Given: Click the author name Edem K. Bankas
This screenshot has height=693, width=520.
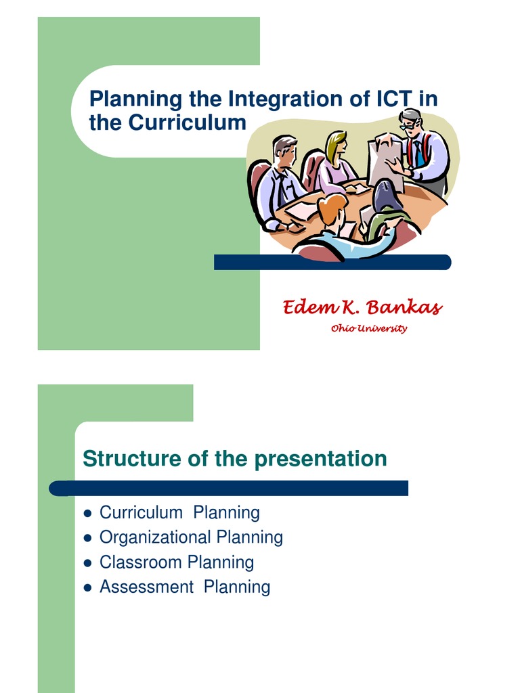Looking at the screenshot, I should tap(362, 308).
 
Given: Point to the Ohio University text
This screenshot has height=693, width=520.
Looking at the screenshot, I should tap(369, 329).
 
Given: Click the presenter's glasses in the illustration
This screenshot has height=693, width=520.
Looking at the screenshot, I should tap(409, 126).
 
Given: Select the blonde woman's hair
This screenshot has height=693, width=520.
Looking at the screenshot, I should tap(334, 146).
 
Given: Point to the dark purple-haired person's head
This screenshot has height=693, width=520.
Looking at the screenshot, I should tap(387, 196).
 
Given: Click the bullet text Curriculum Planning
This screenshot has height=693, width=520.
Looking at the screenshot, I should tap(179, 512).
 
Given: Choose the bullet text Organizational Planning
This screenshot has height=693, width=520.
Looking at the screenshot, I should tap(191, 537).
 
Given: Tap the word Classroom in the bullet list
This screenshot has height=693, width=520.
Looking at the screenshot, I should tap(141, 562).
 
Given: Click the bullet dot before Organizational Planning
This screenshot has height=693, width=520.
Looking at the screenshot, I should tap(87, 538).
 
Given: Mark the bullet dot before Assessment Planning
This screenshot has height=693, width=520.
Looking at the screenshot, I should tap(87, 588).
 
